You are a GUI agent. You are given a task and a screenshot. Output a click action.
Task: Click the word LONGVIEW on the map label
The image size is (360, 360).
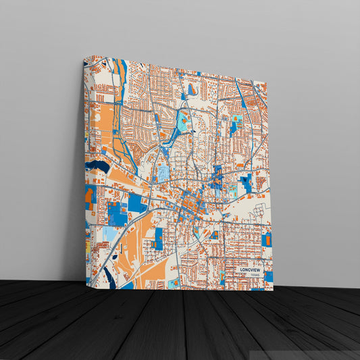tap(249, 269)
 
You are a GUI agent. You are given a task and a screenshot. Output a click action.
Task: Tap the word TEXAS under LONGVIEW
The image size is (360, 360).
tap(254, 276)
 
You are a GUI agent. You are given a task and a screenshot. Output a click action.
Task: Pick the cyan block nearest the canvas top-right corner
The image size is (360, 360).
tap(237, 119)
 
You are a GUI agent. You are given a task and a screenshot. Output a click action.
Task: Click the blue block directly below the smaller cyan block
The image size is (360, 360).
tap(234, 128)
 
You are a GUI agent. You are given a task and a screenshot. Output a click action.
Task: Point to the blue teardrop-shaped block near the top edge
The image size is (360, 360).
tap(192, 89)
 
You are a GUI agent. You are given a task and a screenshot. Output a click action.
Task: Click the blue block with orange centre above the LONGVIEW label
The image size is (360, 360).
tap(267, 239)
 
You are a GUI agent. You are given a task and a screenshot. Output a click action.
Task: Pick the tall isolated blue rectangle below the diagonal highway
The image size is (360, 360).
tap(158, 238)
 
